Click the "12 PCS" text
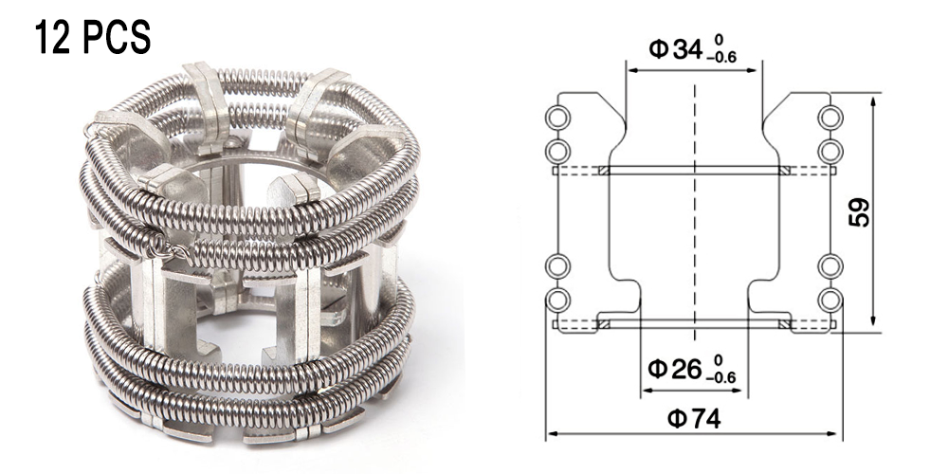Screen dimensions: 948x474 92,38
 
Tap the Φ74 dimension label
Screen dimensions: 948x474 695,418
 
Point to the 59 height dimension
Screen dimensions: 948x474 859,211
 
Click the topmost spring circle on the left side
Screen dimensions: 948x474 557,118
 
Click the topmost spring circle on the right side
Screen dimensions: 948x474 830,118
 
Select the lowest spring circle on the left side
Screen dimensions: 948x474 557,300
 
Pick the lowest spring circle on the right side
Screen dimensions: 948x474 830,300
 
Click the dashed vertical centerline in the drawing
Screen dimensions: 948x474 695,212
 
